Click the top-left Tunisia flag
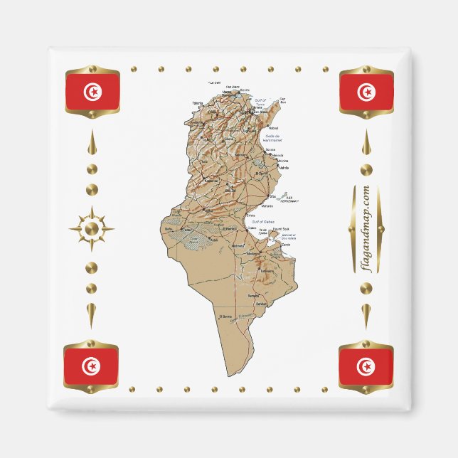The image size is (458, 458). (92, 92)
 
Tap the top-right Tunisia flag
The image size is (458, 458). (366, 92)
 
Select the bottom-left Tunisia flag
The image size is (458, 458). (91, 366)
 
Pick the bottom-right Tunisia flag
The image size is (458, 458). (366, 366)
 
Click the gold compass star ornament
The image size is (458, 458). (91, 228)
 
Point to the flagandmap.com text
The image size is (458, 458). (366, 228)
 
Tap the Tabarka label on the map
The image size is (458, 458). (197, 103)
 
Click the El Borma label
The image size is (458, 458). (226, 316)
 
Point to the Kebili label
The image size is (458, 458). (215, 240)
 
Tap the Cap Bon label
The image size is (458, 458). (282, 100)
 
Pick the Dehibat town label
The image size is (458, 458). (261, 304)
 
